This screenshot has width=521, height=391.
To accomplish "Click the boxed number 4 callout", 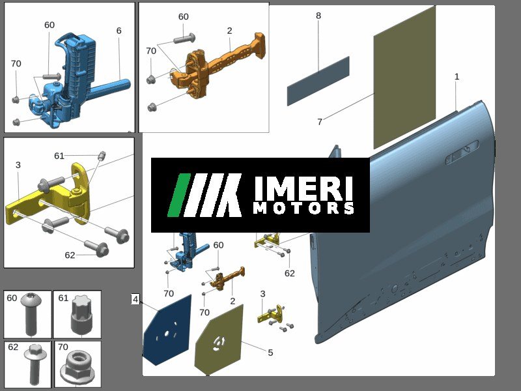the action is [135, 299].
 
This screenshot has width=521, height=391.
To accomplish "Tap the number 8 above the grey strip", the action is [318, 16].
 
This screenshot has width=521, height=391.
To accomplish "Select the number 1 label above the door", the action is [457, 76].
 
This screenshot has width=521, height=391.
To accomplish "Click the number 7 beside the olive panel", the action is [320, 122].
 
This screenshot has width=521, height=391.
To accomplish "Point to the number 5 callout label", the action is [270, 353].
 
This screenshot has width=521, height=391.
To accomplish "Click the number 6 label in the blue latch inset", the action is [119, 31].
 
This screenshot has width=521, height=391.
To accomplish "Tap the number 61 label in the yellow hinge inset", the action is [59, 156].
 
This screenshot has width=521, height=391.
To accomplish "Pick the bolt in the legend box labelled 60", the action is [31, 313].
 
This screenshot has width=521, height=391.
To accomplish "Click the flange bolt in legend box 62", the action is [33, 364].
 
